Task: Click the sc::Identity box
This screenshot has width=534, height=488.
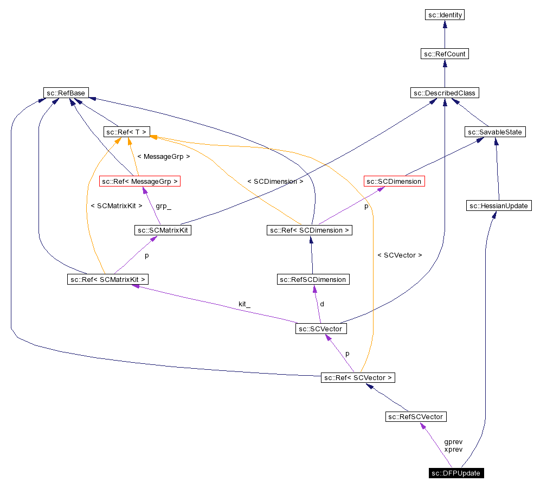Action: click(x=445, y=15)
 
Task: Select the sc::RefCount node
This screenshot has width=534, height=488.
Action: click(x=445, y=54)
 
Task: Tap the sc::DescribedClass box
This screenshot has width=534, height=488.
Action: click(x=445, y=93)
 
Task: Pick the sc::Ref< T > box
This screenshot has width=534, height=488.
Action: click(x=126, y=132)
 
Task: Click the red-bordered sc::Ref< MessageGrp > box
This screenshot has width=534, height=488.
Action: click(x=139, y=181)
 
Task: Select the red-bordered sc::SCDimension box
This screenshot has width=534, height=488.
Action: click(x=394, y=181)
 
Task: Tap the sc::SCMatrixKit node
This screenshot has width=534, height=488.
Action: click(x=163, y=230)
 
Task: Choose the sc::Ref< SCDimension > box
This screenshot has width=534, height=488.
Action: click(x=310, y=230)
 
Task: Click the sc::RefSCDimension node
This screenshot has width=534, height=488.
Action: click(x=312, y=279)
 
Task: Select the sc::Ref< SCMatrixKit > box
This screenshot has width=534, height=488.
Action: click(x=107, y=279)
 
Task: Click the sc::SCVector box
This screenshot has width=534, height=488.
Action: click(x=321, y=329)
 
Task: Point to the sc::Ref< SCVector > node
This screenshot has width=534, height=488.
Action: click(x=358, y=377)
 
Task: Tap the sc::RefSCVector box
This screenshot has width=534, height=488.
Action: click(x=416, y=416)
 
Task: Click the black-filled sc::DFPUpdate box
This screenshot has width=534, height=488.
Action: click(x=456, y=473)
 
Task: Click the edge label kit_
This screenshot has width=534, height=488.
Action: click(x=245, y=304)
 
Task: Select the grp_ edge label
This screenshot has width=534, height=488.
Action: click(x=163, y=206)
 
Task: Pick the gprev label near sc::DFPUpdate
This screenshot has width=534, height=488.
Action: click(x=453, y=442)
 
